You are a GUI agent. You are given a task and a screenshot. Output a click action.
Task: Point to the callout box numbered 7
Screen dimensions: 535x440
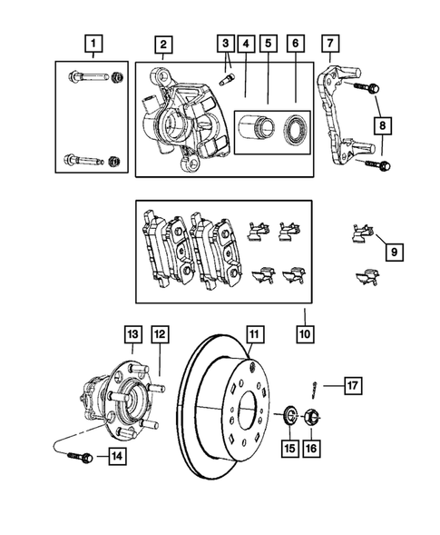point(329,43)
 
